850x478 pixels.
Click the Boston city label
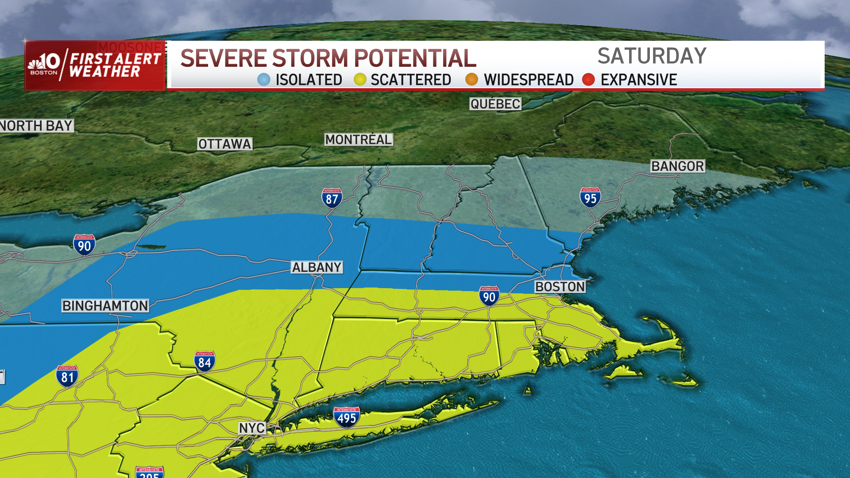tap(560, 287)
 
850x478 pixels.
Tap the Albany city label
tap(317, 267)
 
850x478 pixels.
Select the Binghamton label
tap(105, 306)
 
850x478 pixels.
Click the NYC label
tap(252, 428)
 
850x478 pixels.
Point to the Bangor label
tap(677, 166)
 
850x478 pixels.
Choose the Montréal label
tap(359, 140)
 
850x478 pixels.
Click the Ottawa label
tap(224, 144)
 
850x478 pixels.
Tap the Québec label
tap(495, 104)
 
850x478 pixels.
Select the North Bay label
tap(36, 126)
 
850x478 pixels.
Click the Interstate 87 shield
tap(332, 198)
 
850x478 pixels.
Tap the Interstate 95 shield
tap(590, 198)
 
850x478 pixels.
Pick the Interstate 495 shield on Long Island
tap(346, 417)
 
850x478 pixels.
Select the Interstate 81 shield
tap(67, 377)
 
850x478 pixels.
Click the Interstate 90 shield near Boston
tap(489, 296)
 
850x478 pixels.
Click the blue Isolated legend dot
tap(263, 80)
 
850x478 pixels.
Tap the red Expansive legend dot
tap(588, 80)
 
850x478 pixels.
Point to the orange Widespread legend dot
tap(471, 80)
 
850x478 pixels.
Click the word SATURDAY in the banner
tap(652, 56)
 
